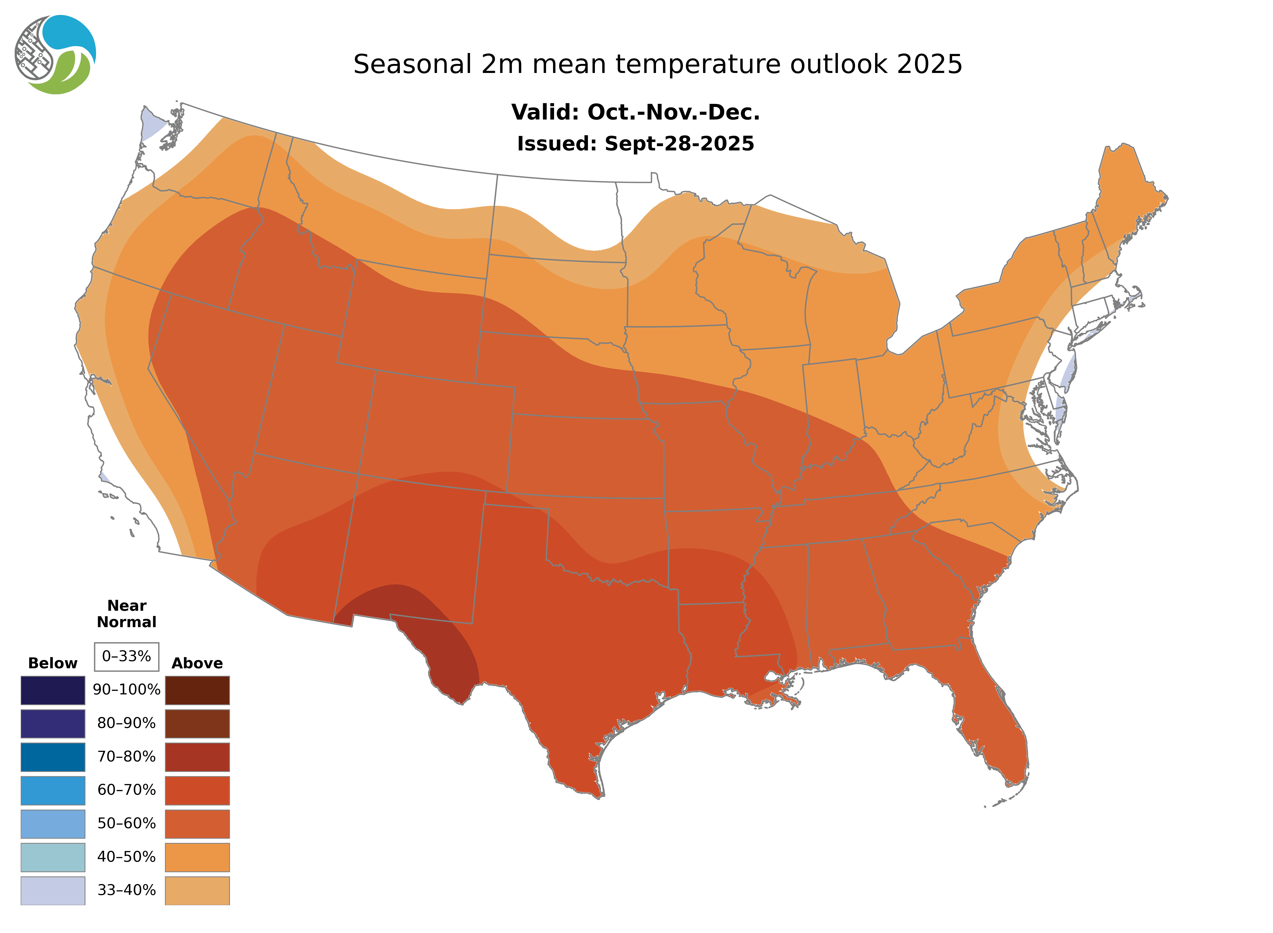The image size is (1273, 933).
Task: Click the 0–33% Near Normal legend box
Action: [126, 656]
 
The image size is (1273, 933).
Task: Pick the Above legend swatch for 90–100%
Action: [197, 690]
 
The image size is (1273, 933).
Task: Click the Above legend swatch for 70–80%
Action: [197, 757]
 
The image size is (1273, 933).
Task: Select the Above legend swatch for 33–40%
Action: [197, 890]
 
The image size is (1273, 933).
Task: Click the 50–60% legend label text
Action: [126, 823]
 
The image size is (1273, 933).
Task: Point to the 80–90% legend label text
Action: [126, 723]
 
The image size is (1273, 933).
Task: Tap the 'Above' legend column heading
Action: [197, 663]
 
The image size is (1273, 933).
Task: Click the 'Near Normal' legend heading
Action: [126, 614]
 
